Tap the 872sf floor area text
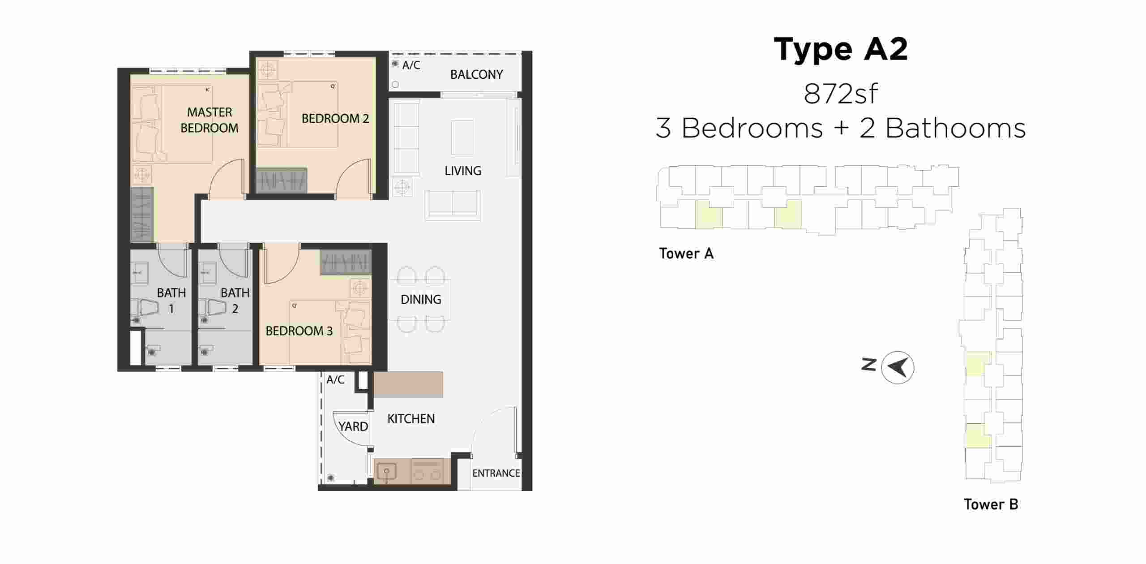840,94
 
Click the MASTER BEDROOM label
209,120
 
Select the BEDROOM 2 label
335,119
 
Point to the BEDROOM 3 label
299,331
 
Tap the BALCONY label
476,74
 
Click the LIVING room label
463,171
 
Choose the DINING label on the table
421,299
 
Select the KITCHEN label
411,419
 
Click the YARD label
353,426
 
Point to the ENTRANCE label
496,473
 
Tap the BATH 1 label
171,300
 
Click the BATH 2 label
235,300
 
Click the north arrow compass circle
898,367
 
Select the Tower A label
686,254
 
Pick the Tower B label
991,504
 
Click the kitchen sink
386,472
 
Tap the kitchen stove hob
428,471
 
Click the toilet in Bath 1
146,308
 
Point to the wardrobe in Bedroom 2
282,181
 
